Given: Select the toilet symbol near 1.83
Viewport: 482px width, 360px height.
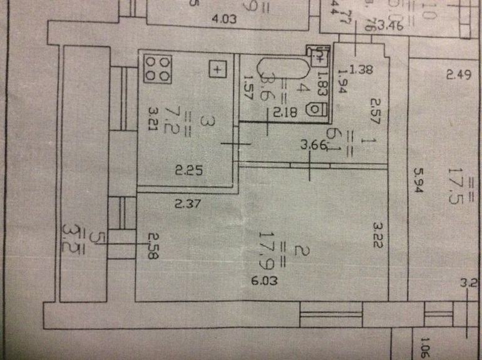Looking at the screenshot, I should click(x=317, y=109).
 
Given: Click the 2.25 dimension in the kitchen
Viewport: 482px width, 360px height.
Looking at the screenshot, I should click(x=187, y=169).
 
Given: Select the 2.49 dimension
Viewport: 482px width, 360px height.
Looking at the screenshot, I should click(x=458, y=76).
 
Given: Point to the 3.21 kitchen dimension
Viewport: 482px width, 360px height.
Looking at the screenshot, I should click(x=152, y=119).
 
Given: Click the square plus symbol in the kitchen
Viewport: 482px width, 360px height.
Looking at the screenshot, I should click(x=217, y=69).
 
